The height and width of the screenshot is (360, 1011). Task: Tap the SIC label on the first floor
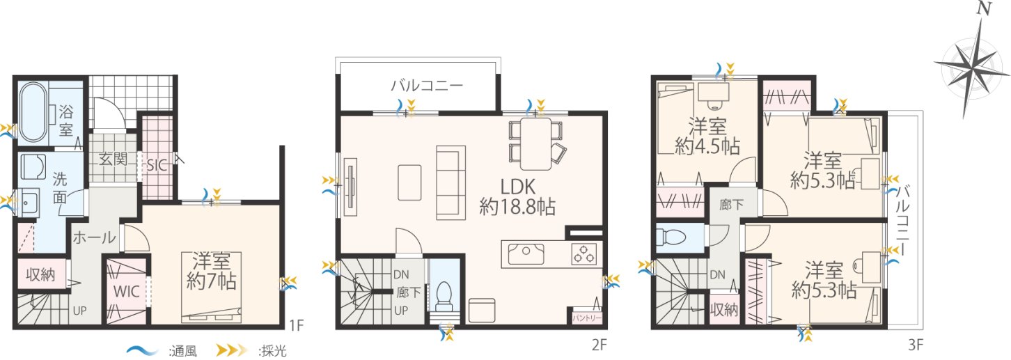point(157,165)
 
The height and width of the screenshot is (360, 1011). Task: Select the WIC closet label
point(127,292)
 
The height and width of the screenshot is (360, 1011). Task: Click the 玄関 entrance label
point(113,159)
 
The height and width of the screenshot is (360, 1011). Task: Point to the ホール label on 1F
point(94,237)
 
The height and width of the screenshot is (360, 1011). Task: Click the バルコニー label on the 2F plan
point(427,85)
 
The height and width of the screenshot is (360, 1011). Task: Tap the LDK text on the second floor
point(518,187)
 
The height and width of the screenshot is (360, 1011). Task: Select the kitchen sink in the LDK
point(526,254)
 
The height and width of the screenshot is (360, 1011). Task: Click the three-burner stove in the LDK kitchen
point(584,253)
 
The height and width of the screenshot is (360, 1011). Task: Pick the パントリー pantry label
point(587,318)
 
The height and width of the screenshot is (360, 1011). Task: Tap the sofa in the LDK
point(451,182)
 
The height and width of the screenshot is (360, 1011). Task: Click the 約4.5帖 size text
point(707,146)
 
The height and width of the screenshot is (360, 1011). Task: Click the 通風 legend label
point(183,351)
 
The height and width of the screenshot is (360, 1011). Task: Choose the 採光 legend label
point(273,351)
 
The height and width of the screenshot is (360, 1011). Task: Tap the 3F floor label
point(916,345)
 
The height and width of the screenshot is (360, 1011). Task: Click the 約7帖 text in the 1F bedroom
point(212,282)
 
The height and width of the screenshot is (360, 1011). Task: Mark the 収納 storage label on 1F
point(40,274)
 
